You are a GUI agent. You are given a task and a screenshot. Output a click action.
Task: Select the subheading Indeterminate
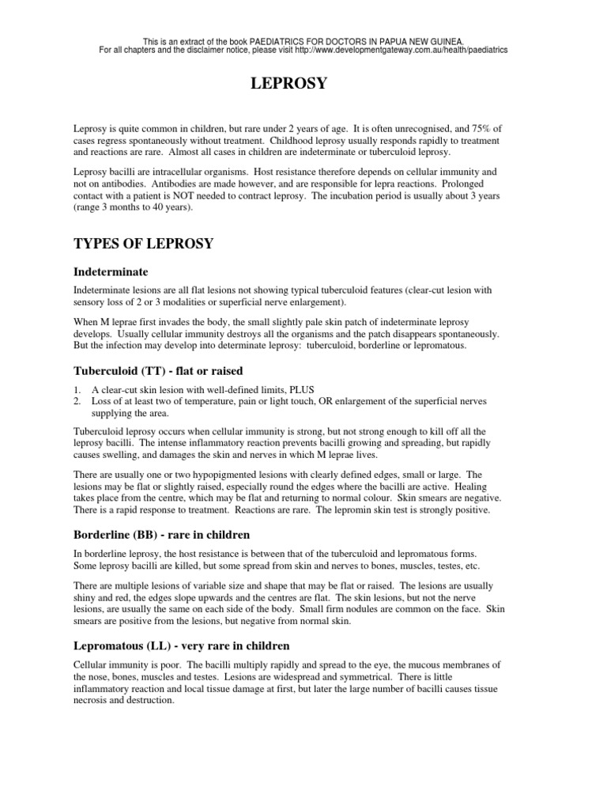pos(111,271)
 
